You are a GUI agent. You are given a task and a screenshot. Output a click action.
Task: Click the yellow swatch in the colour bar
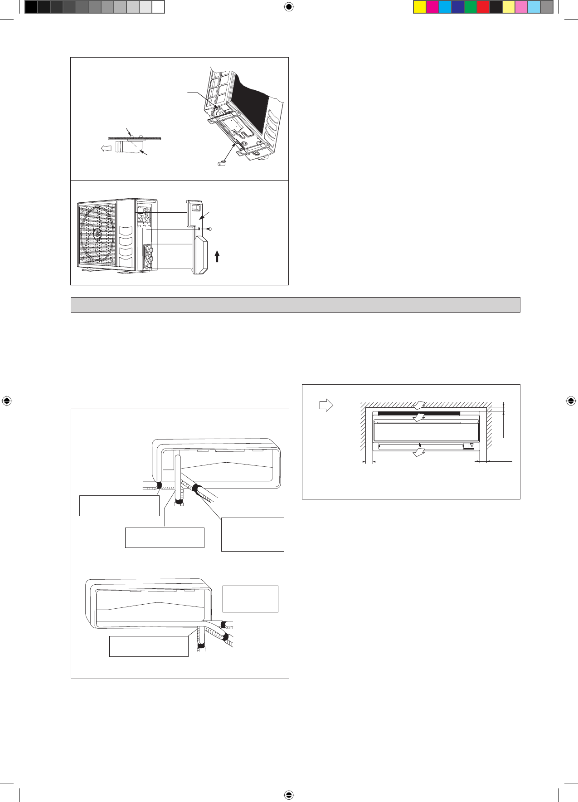click(420, 7)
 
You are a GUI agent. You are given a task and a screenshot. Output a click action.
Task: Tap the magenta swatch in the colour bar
click(432, 7)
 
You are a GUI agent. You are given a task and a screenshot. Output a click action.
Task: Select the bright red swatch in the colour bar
click(483, 7)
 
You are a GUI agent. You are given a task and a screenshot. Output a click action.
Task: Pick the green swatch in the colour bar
click(471, 7)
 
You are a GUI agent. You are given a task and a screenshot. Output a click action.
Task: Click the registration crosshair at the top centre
click(289, 7)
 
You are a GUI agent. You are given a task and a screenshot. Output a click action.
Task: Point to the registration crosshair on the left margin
click(7, 401)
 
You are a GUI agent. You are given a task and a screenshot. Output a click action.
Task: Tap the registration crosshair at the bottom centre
click(289, 795)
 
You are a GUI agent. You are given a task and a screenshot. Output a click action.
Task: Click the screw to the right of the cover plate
click(210, 229)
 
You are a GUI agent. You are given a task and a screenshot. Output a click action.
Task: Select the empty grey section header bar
click(295, 305)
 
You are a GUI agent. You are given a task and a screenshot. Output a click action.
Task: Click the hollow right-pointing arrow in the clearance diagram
click(326, 405)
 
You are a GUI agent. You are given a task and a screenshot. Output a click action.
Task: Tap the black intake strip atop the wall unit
click(419, 413)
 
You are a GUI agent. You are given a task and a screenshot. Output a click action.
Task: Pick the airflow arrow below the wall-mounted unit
click(419, 452)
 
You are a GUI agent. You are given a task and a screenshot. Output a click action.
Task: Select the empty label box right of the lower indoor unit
click(250, 599)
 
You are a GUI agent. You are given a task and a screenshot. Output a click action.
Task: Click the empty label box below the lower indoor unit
click(149, 646)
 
